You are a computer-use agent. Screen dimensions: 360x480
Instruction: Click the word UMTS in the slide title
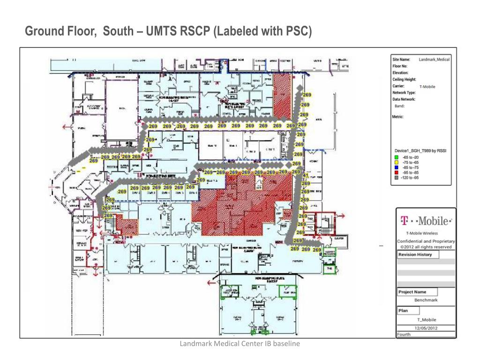(x=163, y=31)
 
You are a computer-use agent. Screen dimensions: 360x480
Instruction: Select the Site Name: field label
(x=401, y=60)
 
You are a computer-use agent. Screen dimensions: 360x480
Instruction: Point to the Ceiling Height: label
(x=404, y=80)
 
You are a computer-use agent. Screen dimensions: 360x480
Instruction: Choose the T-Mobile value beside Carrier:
(x=427, y=87)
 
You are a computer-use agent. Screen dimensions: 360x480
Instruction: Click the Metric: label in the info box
(x=399, y=117)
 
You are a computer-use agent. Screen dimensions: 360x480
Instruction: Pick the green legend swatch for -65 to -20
(x=397, y=157)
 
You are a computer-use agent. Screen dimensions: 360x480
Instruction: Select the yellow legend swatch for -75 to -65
(x=397, y=162)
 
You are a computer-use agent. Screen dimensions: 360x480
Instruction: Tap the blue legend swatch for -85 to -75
(x=397, y=167)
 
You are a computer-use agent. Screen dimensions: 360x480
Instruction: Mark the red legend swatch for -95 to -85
(x=397, y=172)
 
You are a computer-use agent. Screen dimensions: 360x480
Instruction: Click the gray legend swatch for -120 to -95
(x=397, y=178)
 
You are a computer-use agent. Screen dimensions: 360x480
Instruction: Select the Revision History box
(x=414, y=255)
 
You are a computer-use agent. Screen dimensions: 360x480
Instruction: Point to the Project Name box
(x=412, y=292)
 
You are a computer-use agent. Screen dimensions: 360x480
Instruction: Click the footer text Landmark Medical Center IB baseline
(x=240, y=344)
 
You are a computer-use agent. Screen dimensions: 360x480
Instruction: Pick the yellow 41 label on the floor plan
(x=306, y=175)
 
